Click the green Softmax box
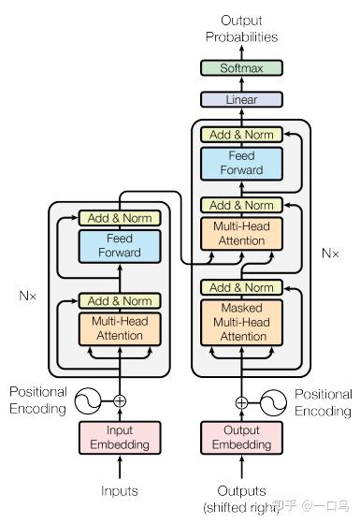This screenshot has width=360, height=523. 242,68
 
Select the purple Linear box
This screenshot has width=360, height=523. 242,99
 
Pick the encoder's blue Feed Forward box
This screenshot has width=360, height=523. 120,245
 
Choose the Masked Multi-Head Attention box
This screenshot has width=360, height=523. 242,322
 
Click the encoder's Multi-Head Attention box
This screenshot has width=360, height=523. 120,328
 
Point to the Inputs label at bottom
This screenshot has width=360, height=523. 120,490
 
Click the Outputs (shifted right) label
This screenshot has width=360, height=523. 242,498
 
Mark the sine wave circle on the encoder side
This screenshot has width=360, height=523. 89,401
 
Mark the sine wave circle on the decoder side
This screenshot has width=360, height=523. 273,402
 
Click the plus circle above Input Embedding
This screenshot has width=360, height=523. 120,401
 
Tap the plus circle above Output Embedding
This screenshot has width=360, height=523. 242,402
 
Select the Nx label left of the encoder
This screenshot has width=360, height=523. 28,295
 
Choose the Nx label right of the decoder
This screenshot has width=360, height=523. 330,253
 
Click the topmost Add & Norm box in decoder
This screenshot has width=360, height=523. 242,135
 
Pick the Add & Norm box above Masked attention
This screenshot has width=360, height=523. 242,287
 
